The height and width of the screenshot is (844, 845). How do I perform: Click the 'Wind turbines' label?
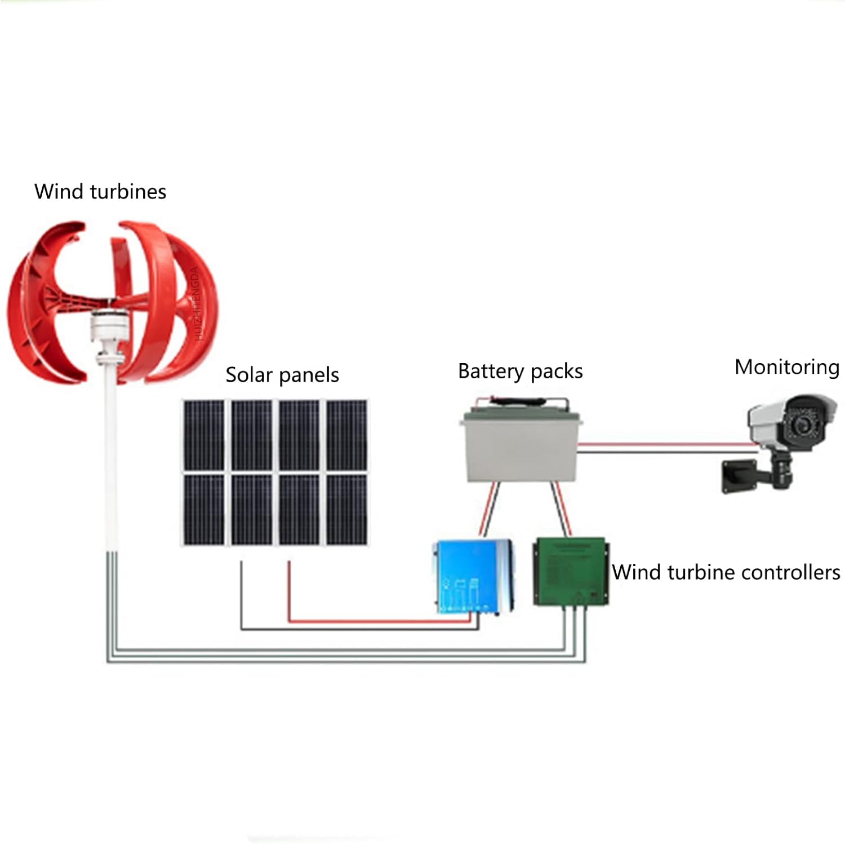100,192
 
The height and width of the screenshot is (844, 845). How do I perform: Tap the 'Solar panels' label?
282,375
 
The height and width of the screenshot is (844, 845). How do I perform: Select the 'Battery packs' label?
520,372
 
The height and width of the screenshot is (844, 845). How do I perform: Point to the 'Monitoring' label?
786,367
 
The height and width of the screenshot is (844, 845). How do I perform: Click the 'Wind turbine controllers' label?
726,572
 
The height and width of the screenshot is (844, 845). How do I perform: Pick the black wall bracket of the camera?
738,477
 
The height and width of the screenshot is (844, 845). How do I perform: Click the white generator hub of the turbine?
107,327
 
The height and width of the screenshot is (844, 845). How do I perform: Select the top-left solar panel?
203,435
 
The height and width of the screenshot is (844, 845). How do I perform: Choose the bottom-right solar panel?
346,509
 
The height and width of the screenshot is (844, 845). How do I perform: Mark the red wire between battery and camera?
665,444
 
